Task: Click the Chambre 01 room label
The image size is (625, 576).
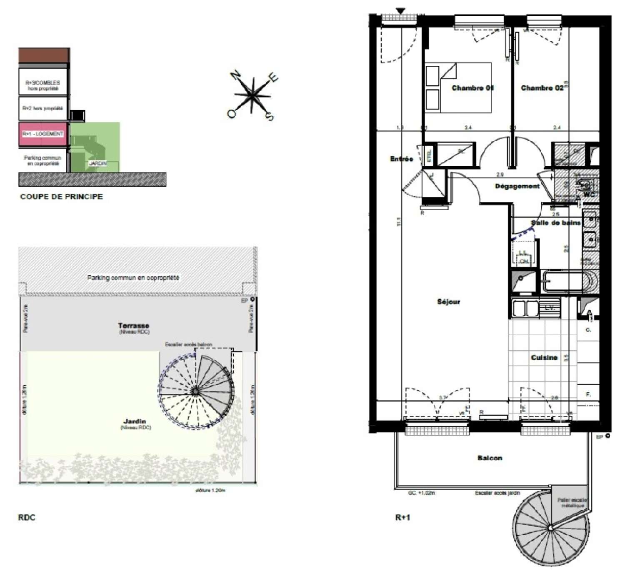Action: (472, 88)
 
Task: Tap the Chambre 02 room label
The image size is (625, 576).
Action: (542, 88)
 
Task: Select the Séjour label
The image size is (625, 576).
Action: (448, 301)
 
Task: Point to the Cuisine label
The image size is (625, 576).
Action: (544, 357)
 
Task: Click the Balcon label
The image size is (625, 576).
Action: (490, 458)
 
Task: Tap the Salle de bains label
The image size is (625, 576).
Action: (555, 223)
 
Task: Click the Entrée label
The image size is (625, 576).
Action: (401, 159)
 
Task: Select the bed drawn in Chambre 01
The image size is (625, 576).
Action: (458, 88)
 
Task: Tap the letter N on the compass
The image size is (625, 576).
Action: (236, 75)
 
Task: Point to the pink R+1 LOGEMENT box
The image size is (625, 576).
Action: (43, 134)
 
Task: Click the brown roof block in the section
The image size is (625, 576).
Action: (44, 56)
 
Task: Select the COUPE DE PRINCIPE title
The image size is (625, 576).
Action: (61, 196)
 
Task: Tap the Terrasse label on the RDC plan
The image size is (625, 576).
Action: (133, 326)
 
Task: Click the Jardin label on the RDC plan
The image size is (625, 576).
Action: (135, 421)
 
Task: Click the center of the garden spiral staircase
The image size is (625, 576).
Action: (195, 391)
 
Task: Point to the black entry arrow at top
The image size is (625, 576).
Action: (400, 11)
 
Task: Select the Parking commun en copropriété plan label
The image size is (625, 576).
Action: (133, 278)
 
